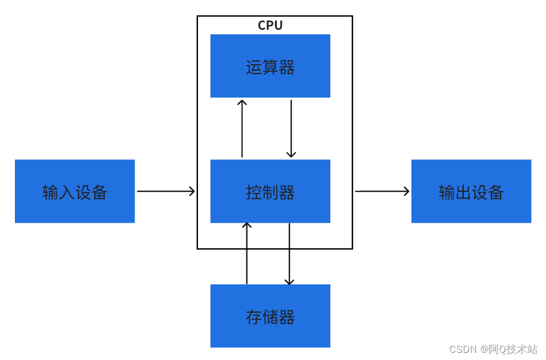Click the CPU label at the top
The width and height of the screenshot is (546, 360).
270,25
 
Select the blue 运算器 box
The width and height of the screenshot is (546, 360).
270,66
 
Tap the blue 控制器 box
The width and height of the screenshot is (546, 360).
270,191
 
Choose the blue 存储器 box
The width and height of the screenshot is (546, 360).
270,316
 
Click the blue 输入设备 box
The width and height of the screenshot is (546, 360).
74,191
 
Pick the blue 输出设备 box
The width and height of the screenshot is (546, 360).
471,191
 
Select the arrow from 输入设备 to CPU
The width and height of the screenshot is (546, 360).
165,191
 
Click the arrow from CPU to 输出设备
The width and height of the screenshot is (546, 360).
382,191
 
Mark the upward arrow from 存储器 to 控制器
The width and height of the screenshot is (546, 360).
247,254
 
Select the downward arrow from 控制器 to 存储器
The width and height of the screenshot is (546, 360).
289,254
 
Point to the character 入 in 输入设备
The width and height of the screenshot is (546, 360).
67,192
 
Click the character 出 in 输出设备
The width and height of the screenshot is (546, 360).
463,192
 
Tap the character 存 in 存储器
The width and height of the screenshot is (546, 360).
254,317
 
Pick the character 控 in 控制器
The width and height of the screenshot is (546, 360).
254,192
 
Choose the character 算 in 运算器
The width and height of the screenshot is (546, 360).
270,67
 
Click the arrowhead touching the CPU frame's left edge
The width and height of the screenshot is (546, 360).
192,191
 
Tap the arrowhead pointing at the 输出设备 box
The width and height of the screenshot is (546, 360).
406,191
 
